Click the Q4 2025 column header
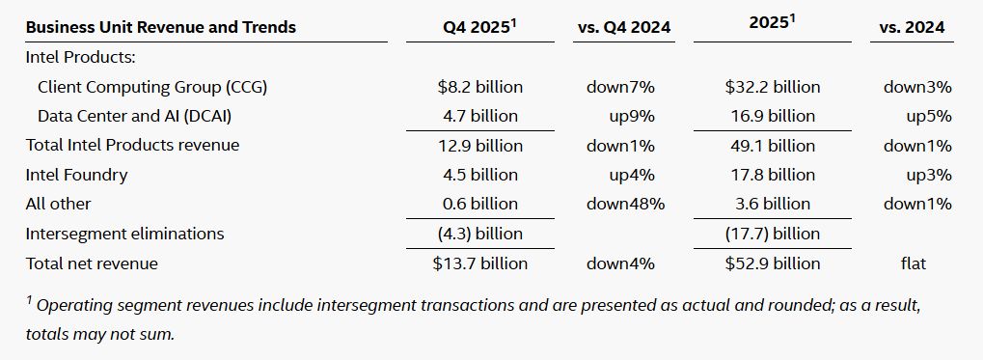480,27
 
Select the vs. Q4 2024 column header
624,27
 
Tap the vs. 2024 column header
913,27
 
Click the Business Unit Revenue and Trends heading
161,27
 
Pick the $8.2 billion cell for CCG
480,87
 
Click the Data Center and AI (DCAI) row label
139,116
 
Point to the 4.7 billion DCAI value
480,116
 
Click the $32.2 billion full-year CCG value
773,87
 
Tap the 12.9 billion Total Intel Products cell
480,146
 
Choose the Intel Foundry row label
76,175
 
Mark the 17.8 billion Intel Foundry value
773,175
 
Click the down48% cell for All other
625,204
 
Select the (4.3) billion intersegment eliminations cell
480,234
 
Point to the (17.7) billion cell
773,234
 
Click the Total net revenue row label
92,263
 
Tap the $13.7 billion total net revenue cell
480,263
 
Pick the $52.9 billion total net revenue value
773,263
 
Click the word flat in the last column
913,263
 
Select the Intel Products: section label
81,58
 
